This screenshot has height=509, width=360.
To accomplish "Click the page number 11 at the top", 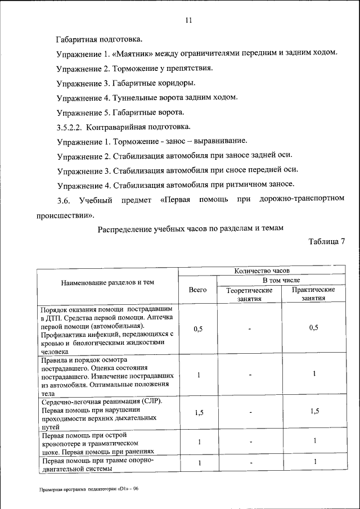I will click(188, 20).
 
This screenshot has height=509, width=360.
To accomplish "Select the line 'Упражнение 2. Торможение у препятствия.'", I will click(134, 68).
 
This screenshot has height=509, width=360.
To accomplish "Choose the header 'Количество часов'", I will click(262, 271).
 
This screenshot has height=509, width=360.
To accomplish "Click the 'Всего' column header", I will click(197, 290).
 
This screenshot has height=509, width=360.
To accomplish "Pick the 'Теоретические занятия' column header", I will click(249, 294).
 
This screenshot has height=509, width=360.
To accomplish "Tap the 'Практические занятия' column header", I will click(314, 294).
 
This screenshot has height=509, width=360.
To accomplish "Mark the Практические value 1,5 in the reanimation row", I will click(314, 412).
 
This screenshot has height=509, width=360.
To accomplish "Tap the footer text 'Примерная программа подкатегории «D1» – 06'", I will click(89, 489).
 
